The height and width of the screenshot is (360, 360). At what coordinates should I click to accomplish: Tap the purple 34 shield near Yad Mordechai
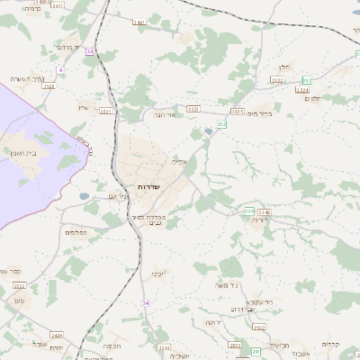pyautogui.click(x=89, y=52)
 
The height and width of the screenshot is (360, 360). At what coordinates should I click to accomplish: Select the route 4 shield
pyautogui.click(x=60, y=69)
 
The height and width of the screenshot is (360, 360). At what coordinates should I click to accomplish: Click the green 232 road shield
pyautogui.click(x=221, y=123)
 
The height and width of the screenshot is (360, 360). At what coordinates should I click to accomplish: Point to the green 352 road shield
pyautogui.click(x=306, y=80)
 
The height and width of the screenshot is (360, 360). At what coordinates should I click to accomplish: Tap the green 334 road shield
pyautogui.click(x=249, y=211)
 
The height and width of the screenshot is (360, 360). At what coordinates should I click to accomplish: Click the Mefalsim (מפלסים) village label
pyautogui.click(x=76, y=231)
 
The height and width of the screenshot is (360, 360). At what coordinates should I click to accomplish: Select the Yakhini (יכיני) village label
pyautogui.click(x=157, y=273)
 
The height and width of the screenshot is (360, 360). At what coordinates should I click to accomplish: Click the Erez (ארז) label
pyautogui.click(x=83, y=107)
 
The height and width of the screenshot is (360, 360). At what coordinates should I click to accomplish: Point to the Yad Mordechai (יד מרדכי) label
pyautogui.click(x=68, y=47)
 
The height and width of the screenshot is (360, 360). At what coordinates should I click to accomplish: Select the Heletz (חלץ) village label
pyautogui.click(x=284, y=67)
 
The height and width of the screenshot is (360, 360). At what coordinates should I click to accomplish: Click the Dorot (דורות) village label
pyautogui.click(x=261, y=220)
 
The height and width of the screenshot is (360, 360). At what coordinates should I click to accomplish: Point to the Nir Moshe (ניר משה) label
pyautogui.click(x=227, y=285)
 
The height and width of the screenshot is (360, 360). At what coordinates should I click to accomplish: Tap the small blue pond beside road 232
pyautogui.click(x=210, y=132)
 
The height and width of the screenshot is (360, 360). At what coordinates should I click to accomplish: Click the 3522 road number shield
pyautogui.click(x=276, y=80)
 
